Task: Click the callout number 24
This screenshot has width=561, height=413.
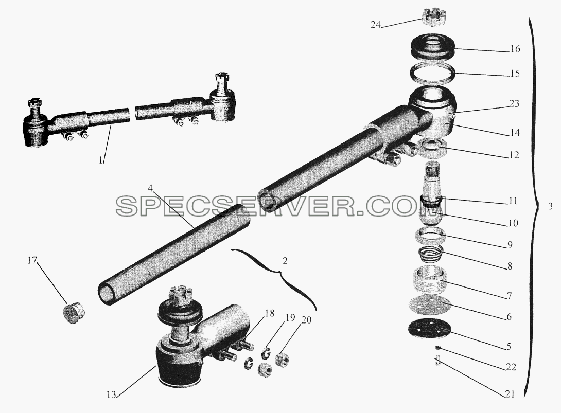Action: (x=375, y=25)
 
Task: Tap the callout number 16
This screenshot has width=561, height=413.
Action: (x=515, y=49)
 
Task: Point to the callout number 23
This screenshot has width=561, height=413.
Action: (x=514, y=104)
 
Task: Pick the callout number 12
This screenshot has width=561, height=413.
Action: (x=514, y=155)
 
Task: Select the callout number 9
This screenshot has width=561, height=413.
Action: (x=510, y=245)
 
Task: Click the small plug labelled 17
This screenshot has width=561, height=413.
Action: (x=75, y=314)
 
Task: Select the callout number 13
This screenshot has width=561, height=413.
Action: (x=111, y=394)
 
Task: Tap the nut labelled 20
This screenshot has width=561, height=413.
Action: (x=282, y=358)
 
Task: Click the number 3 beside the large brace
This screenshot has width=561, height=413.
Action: (x=550, y=206)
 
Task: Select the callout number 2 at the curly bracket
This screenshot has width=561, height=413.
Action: (x=285, y=261)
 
